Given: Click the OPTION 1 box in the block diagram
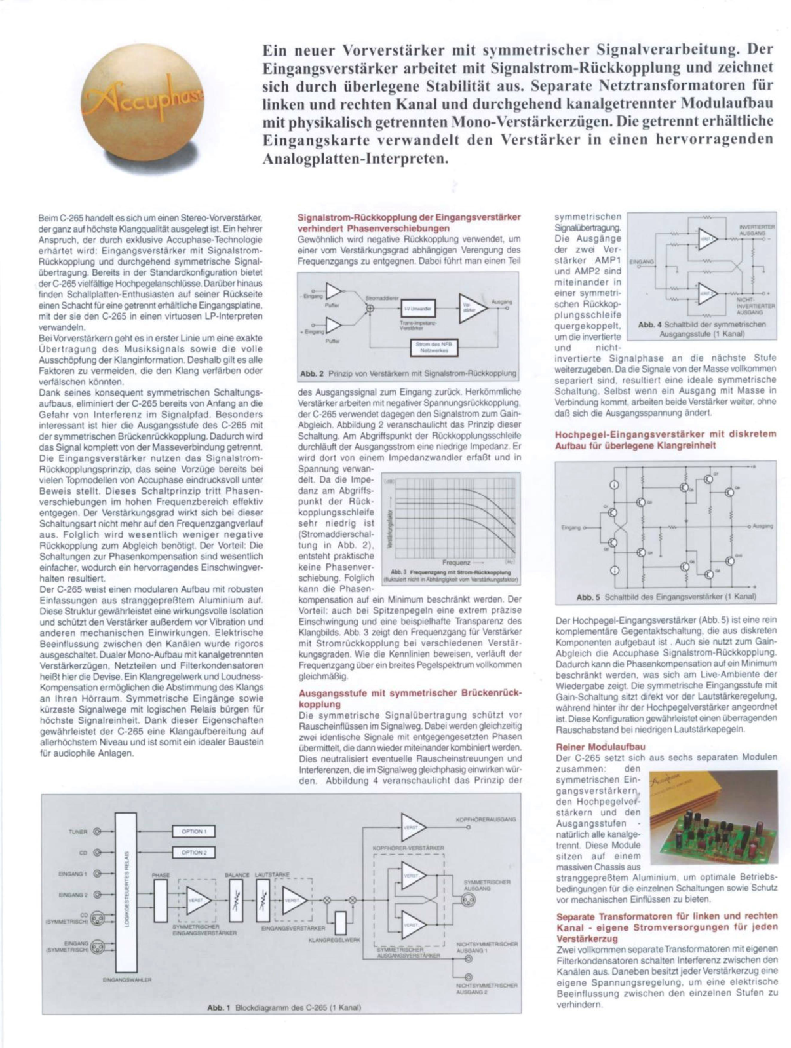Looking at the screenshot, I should [193, 831].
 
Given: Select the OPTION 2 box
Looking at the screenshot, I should [193, 852].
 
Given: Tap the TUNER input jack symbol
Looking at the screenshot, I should [97, 832].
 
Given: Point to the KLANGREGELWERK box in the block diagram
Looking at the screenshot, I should [340, 922].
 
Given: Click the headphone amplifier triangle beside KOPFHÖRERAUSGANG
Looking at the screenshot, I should [412, 827].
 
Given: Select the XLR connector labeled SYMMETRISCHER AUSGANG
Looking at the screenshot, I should [468, 900].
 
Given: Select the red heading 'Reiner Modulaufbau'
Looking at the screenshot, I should [600, 746].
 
